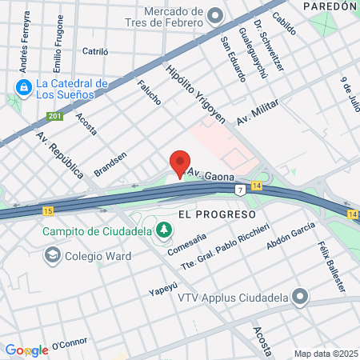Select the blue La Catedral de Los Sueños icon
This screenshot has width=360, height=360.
(23, 86)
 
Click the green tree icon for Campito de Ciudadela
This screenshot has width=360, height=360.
(164, 230)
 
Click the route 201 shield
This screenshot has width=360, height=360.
(54, 117)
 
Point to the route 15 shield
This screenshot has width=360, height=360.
(49, 210)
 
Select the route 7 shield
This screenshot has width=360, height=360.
(239, 189)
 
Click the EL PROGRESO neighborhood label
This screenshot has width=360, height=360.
(217, 214)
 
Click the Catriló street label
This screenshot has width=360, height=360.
(95, 50)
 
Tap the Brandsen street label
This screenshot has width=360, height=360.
(110, 164)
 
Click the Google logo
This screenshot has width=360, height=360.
(26, 350)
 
